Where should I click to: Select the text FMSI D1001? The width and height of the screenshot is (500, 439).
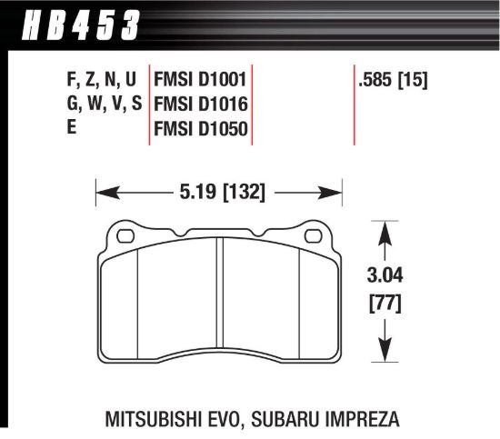click(201, 80)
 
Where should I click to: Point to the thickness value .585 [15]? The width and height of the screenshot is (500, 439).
click(395, 80)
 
